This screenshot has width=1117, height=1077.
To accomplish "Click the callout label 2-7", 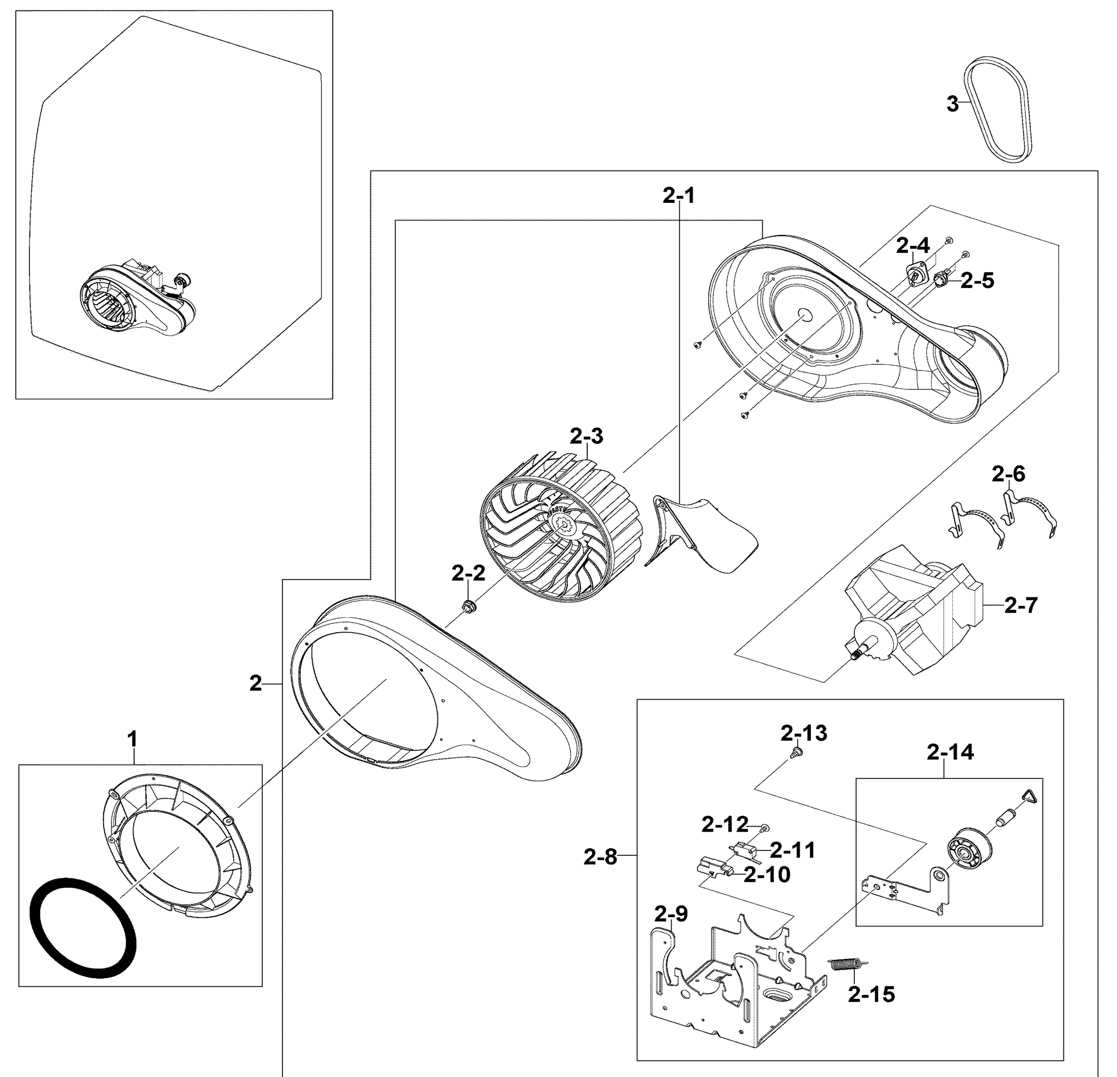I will click(1020, 605).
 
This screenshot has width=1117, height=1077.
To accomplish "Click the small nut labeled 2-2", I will click(470, 607).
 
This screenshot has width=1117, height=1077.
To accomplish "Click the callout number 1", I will click(132, 739).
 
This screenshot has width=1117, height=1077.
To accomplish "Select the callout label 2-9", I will click(671, 914).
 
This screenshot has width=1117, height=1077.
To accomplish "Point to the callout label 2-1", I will click(679, 195).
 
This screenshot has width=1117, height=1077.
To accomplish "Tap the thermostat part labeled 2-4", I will click(914, 275).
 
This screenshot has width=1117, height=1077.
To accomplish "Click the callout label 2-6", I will click(1008, 474).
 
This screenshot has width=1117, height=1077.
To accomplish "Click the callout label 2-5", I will click(977, 281).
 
